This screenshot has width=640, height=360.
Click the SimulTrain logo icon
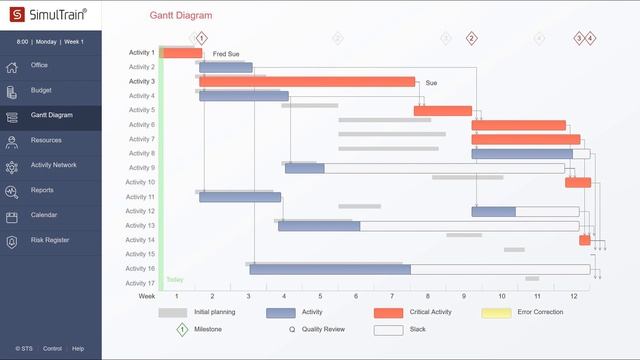click(x=14, y=15)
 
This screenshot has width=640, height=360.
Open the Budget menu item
click(x=40, y=91)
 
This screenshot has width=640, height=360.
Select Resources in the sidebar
click(x=46, y=140)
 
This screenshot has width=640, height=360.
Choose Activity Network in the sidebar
click(x=53, y=165)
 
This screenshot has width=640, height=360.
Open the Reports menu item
click(x=42, y=190)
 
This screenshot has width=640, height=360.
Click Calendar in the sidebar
click(x=44, y=215)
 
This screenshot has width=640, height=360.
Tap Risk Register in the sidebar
click(x=50, y=240)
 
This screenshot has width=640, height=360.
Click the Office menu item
click(x=39, y=65)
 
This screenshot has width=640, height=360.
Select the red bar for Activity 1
click(x=182, y=53)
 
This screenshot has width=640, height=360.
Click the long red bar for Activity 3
click(x=307, y=82)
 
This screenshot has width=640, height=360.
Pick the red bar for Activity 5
click(x=443, y=111)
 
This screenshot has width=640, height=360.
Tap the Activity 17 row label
click(x=140, y=284)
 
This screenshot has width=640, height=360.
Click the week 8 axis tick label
click(x=428, y=297)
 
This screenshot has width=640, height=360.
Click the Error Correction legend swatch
click(x=496, y=313)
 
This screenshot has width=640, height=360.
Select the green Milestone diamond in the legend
click(x=182, y=328)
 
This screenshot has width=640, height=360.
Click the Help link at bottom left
click(x=78, y=349)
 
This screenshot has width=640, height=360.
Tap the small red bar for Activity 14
click(x=584, y=240)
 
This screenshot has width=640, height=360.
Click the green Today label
click(x=174, y=280)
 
